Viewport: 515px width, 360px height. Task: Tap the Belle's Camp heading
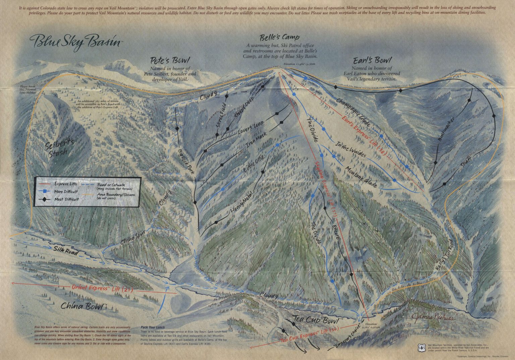(279, 37)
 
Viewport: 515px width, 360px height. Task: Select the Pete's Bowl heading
(170, 61)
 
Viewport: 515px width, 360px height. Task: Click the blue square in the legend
(44, 191)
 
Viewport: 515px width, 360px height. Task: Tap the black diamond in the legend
(44, 199)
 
